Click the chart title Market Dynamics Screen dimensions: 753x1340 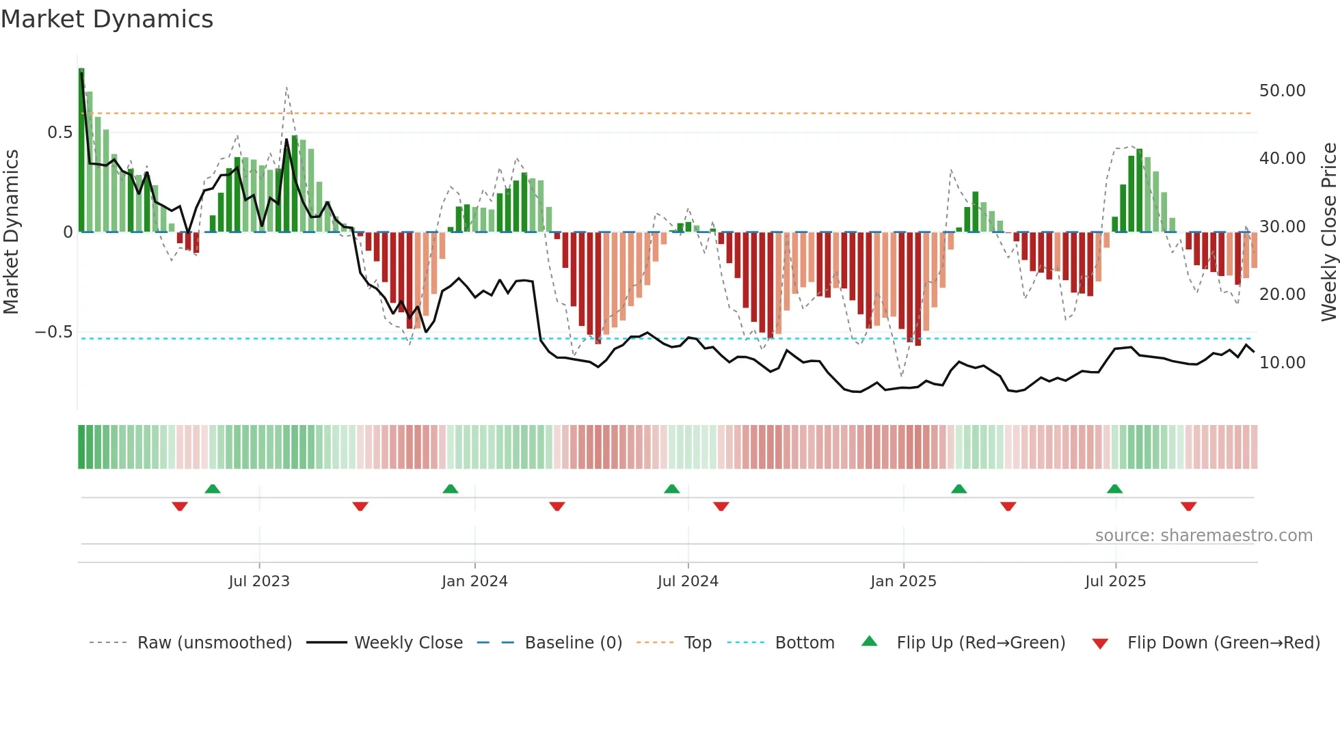tap(107, 19)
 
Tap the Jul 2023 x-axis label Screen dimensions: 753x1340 tap(259, 581)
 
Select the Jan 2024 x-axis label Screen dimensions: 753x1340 tap(474, 581)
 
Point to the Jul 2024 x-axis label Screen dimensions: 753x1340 tap(688, 581)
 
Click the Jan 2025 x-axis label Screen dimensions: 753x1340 tap(903, 581)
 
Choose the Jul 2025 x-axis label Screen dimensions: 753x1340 tap(1115, 581)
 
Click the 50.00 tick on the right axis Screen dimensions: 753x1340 tap(1282, 91)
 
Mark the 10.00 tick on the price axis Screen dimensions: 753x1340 tap(1282, 363)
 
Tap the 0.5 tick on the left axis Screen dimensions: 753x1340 tap(59, 133)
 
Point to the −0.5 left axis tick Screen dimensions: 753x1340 tap(54, 332)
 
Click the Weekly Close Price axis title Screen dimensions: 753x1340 tap(1328, 232)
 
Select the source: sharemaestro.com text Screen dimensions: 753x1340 tap(1203, 536)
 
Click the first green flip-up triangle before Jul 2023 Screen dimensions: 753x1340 tap(213, 489)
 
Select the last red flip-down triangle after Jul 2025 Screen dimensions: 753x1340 tap(1188, 506)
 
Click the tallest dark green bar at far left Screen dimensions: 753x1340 tap(81, 150)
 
